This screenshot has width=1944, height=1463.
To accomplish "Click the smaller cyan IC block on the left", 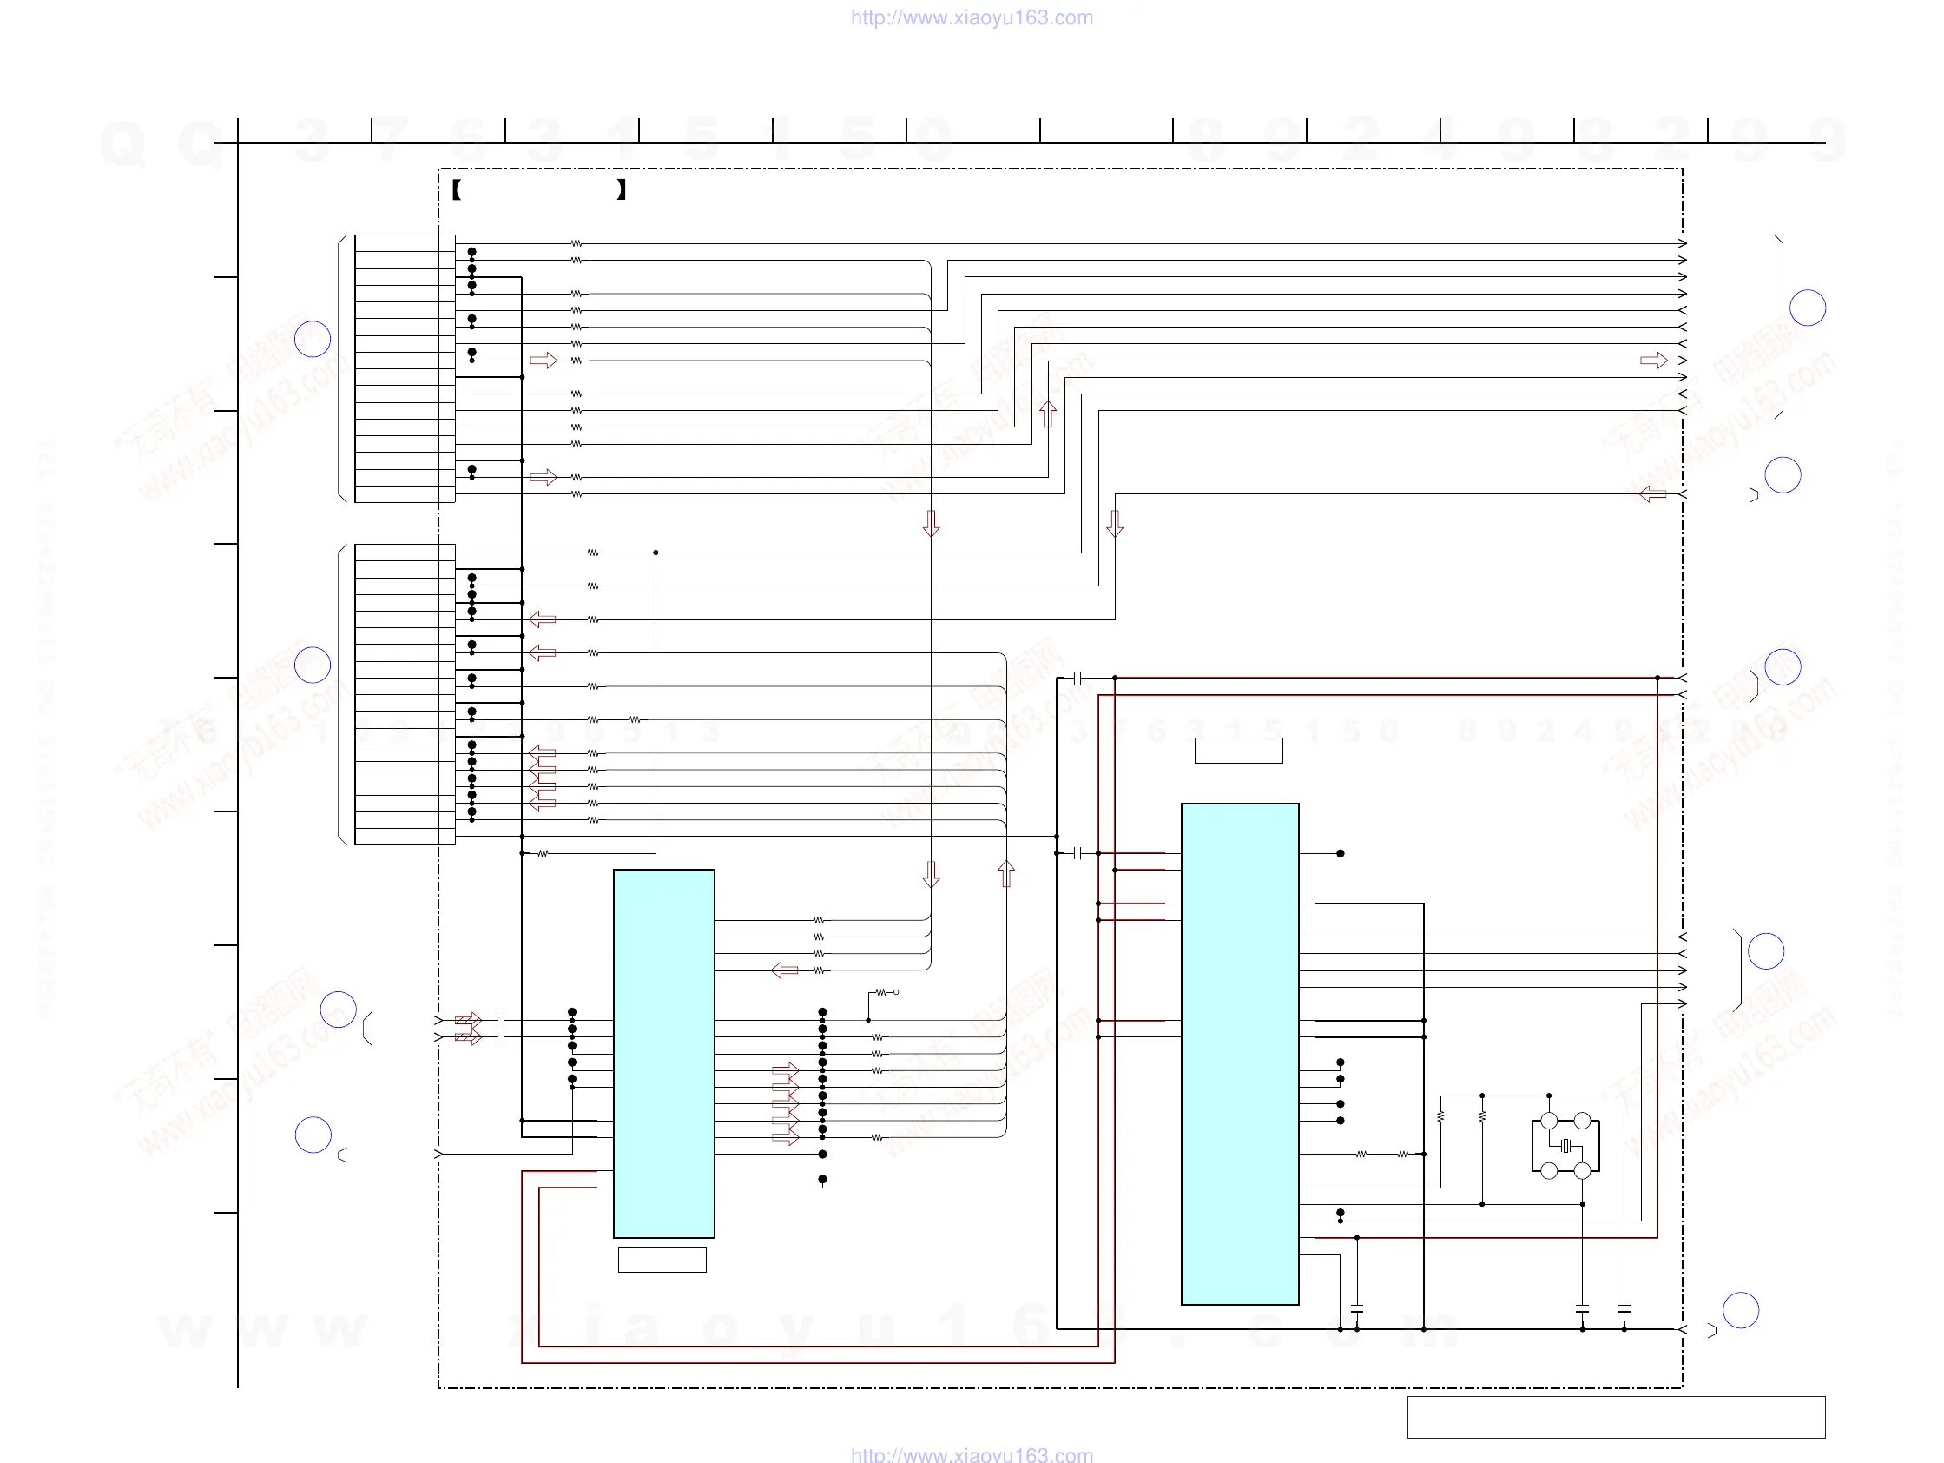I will pos(663,1053).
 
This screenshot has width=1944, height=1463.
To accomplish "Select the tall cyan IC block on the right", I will pos(1239,1053).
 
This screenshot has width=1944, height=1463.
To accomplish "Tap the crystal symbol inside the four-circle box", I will pos(1565,1146).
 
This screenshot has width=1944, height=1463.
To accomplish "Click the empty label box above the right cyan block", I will pos(1238,751).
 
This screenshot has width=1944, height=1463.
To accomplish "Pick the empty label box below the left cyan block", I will pos(662,1259).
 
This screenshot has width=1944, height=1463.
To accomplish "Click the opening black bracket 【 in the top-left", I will pos(457,189).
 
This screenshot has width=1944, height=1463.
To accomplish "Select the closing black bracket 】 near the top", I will pos(622,189).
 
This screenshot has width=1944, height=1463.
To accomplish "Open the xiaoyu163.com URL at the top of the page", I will pos(971,17).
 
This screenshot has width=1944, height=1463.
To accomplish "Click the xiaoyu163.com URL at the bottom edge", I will pos(971,1454).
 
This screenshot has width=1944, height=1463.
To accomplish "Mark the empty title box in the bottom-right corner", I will pos(1615,1417).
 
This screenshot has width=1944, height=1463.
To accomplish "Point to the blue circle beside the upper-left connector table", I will pos(312,339).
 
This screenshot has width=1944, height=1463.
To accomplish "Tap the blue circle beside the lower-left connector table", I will pos(312,665).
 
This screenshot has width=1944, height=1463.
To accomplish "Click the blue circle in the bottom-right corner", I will pos(1740,1310).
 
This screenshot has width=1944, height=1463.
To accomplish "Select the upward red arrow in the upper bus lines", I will pos(1048,414).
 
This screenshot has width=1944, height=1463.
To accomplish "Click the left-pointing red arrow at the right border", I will pos(1652,494).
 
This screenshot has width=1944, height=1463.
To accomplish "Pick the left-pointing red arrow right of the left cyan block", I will pos(784,970).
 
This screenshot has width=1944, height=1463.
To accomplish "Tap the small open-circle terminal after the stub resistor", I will pos(895,992).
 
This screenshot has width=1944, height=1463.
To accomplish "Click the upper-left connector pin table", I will pos(405,368).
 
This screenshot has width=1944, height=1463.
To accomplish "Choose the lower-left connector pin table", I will pos(405,693).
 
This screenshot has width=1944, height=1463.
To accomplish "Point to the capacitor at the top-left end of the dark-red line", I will pos(1077,678).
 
